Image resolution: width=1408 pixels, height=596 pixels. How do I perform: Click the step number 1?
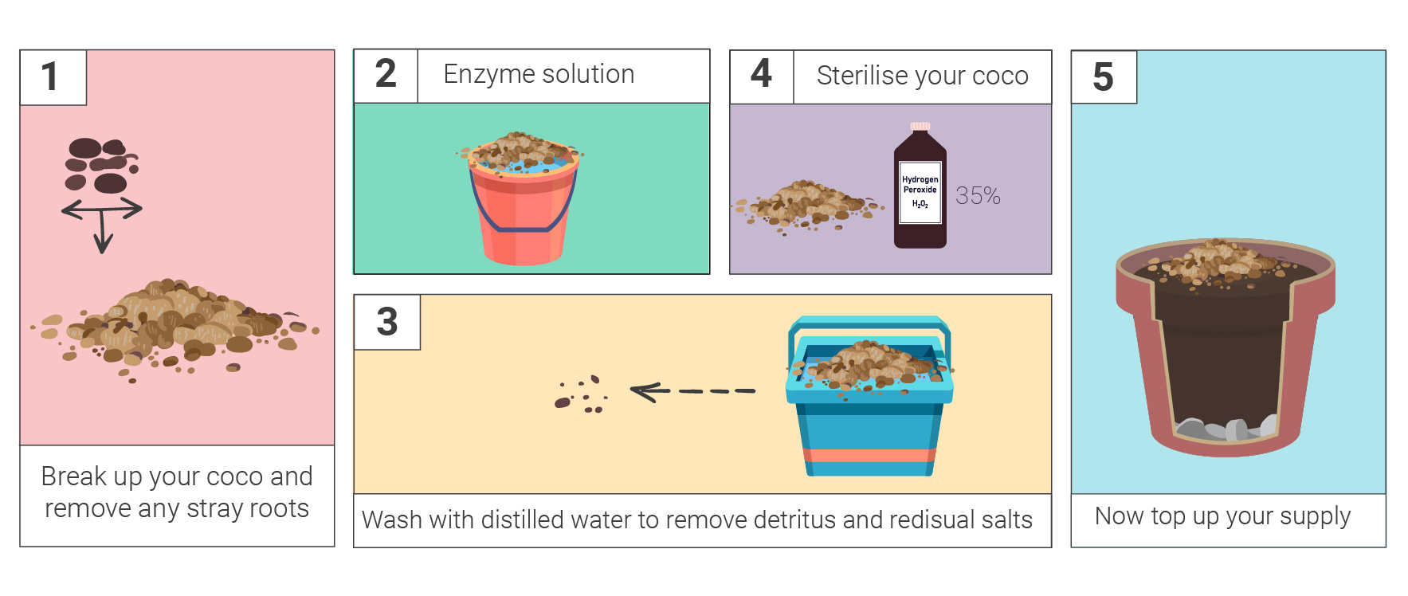pyautogui.click(x=49, y=77)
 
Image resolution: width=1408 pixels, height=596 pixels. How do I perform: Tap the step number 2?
pyautogui.click(x=386, y=74)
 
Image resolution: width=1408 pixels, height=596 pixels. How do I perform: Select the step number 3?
pyautogui.click(x=387, y=322)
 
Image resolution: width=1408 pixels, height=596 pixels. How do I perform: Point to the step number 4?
pyautogui.click(x=761, y=74)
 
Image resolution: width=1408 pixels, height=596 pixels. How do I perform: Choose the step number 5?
pyautogui.click(x=1103, y=77)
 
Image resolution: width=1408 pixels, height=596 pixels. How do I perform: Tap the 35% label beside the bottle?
pyautogui.click(x=978, y=196)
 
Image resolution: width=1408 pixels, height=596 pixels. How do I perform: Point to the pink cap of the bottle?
pyautogui.click(x=920, y=126)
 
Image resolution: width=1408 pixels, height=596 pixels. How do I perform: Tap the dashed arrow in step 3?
pyautogui.click(x=692, y=391)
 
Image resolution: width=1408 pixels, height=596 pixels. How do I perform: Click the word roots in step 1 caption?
pyautogui.click(x=278, y=508)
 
